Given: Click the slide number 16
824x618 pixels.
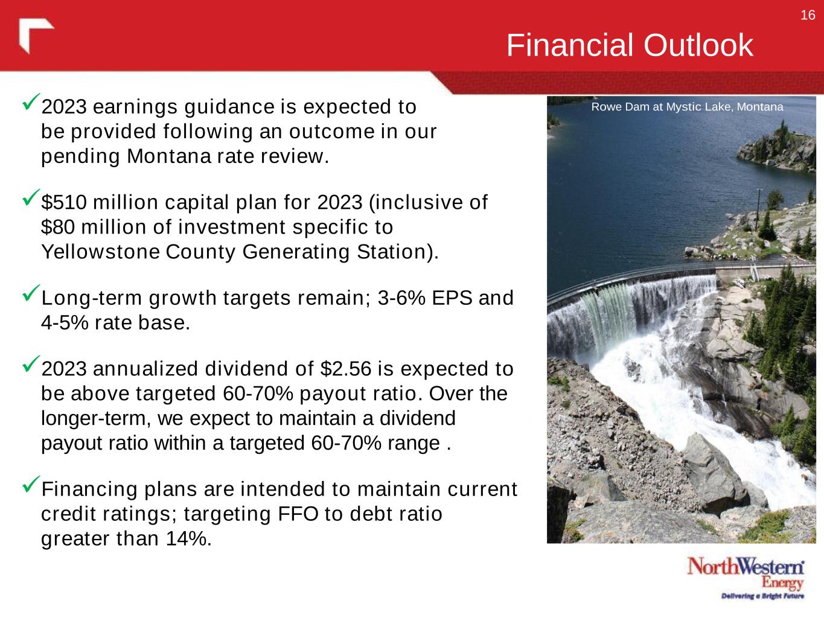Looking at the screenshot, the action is (808, 15).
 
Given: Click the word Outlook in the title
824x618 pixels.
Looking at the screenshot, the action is (698, 45).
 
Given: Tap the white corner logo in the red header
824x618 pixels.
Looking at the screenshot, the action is (36, 36).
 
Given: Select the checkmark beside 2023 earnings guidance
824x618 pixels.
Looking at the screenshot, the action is (31, 101).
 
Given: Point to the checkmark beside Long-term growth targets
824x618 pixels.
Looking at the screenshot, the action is (31, 293).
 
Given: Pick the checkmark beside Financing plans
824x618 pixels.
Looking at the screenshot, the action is (31, 484).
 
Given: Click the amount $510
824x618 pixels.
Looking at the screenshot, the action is (64, 202).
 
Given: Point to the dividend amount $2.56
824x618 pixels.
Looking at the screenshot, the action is (346, 369).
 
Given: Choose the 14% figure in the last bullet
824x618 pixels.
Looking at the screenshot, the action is (186, 538).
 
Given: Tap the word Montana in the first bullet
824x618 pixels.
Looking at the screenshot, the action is (169, 156).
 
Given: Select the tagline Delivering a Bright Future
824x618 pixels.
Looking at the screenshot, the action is (762, 596).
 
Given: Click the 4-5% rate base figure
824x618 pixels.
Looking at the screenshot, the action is (65, 323).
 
